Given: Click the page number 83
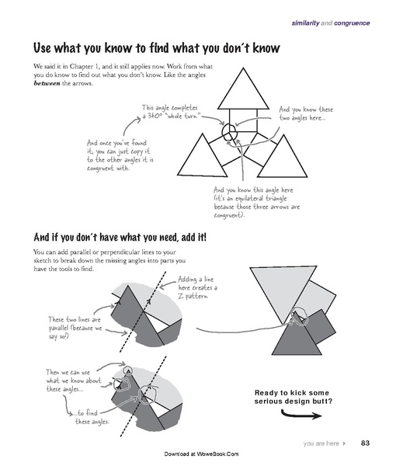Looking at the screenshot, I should tap(364, 443).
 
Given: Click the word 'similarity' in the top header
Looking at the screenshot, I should tap(309, 25).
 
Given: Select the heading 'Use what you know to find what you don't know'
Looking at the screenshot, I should tap(157, 49).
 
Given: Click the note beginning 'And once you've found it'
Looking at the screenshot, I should tap(119, 155).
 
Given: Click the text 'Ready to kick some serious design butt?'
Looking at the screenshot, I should tap(294, 396).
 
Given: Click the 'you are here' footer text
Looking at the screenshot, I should tap(321, 443).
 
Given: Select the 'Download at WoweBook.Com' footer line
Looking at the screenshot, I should tap(201, 454).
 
